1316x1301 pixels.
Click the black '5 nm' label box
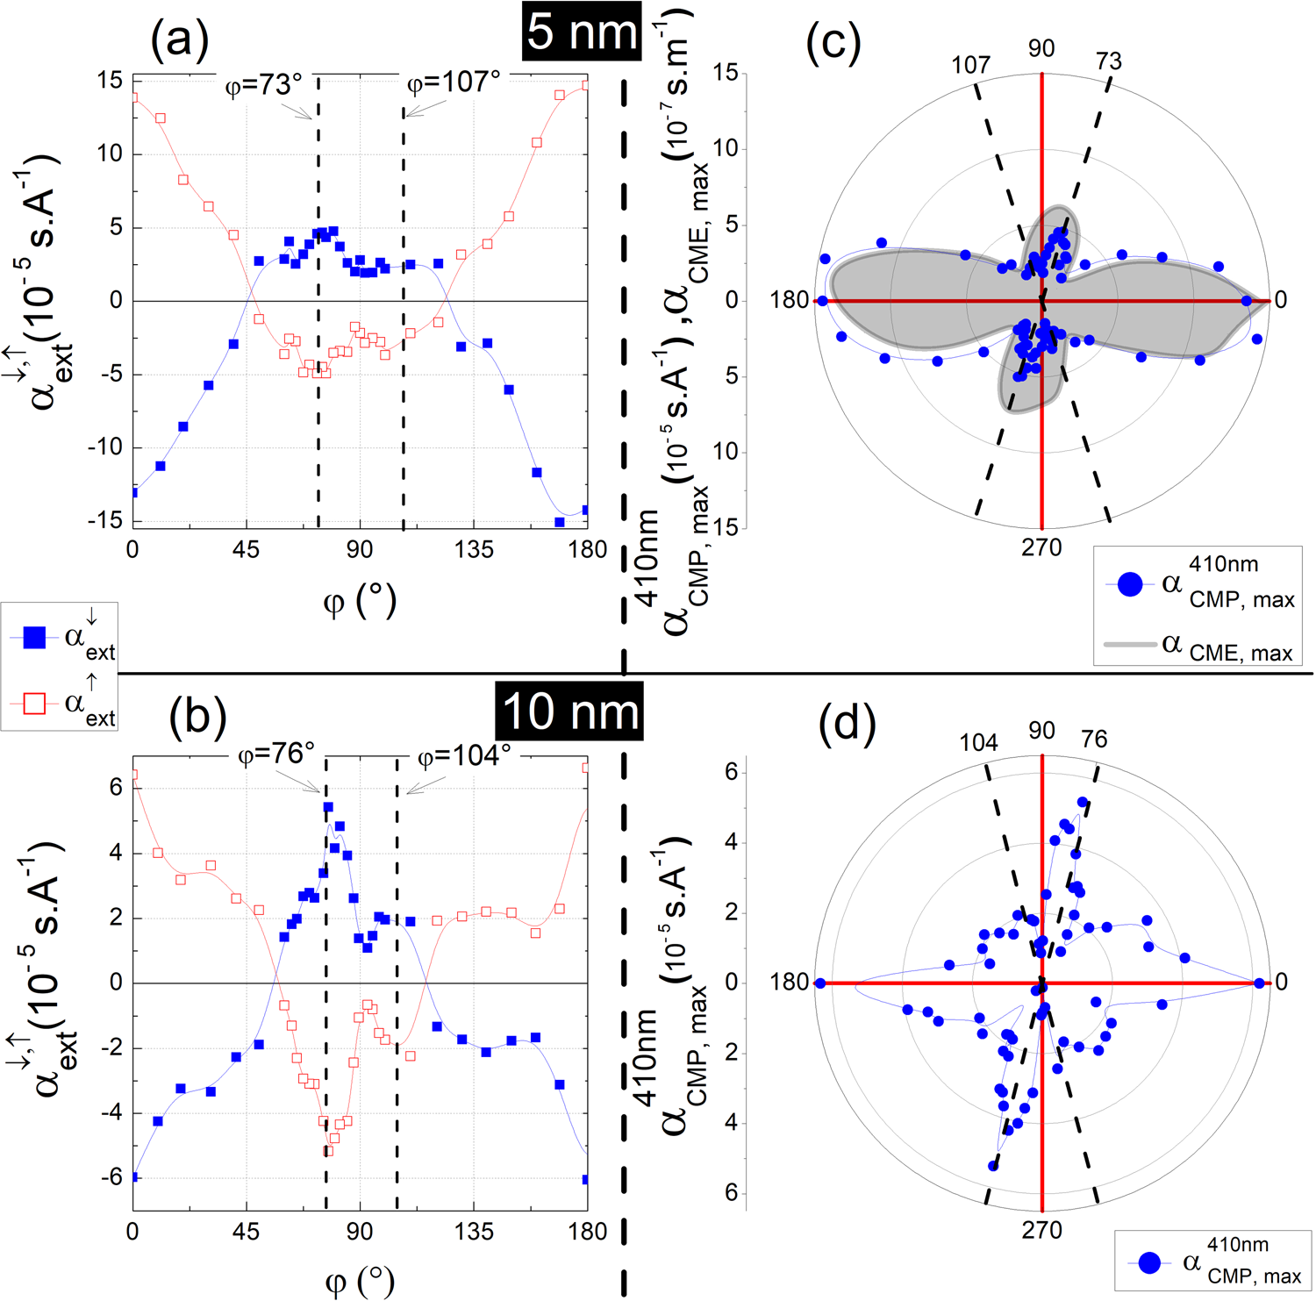point(582,32)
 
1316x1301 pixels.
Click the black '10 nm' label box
point(569,711)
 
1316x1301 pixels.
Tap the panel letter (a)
point(180,39)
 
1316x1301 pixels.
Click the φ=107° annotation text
point(454,82)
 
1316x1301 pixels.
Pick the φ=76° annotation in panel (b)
point(276,754)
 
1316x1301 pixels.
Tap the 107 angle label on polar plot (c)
point(971,65)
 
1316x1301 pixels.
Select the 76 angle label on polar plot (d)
point(1094,740)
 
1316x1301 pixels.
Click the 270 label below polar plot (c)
point(1041,548)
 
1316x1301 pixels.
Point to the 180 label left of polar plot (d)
point(789,982)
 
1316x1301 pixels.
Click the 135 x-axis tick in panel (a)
point(474,550)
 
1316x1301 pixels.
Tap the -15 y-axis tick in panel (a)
point(105,520)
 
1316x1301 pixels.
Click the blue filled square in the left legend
point(34,637)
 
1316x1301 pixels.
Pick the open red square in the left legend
point(34,704)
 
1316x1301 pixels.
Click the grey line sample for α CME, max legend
point(1129,645)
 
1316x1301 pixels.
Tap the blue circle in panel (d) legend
point(1149,1262)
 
